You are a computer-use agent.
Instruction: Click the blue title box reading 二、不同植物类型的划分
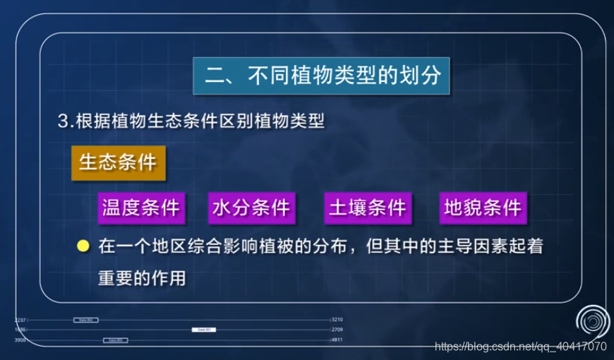coord(322,76)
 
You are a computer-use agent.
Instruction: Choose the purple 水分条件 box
coord(251,208)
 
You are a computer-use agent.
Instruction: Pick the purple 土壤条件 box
coord(368,208)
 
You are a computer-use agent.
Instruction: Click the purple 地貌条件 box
coord(483,208)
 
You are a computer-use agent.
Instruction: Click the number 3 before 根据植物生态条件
coord(62,121)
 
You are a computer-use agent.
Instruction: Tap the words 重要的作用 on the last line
coord(143,279)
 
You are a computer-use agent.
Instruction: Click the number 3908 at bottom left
coord(20,340)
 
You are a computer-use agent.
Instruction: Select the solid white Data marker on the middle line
coord(203,330)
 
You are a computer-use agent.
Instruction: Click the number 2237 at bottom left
coord(20,320)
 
